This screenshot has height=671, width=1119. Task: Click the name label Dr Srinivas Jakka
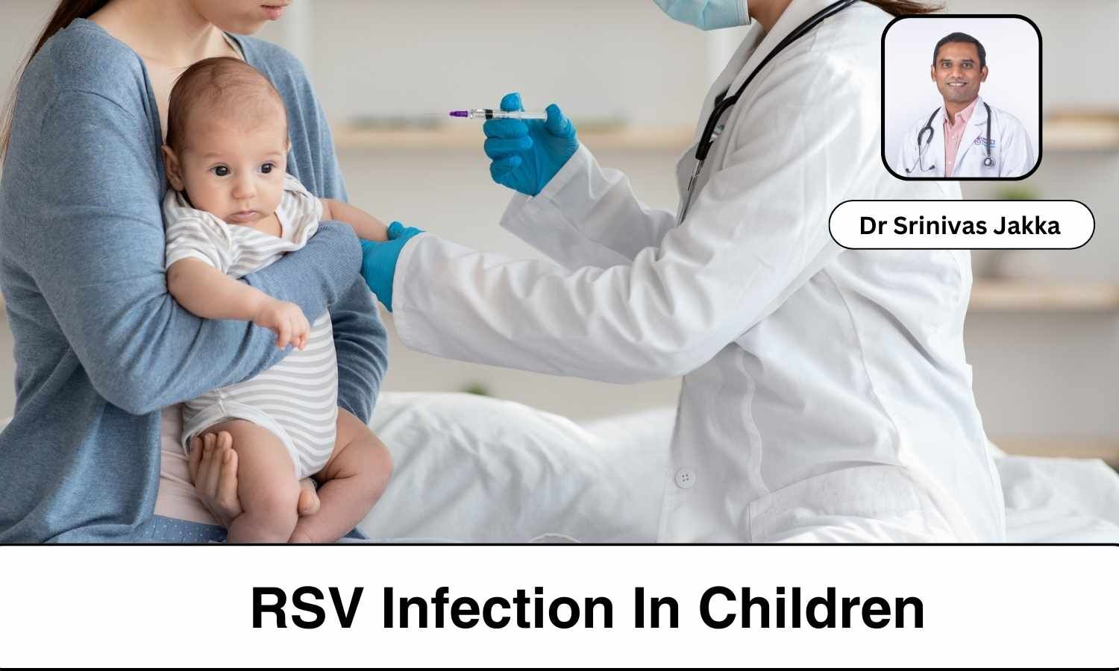tap(961, 225)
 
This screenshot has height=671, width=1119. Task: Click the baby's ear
tap(173, 166)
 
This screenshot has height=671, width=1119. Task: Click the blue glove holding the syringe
tap(528, 145)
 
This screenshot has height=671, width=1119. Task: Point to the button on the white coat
tap(684, 477)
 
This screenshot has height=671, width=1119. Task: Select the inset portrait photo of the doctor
tap(961, 98)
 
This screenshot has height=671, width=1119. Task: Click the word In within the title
tap(657, 609)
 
